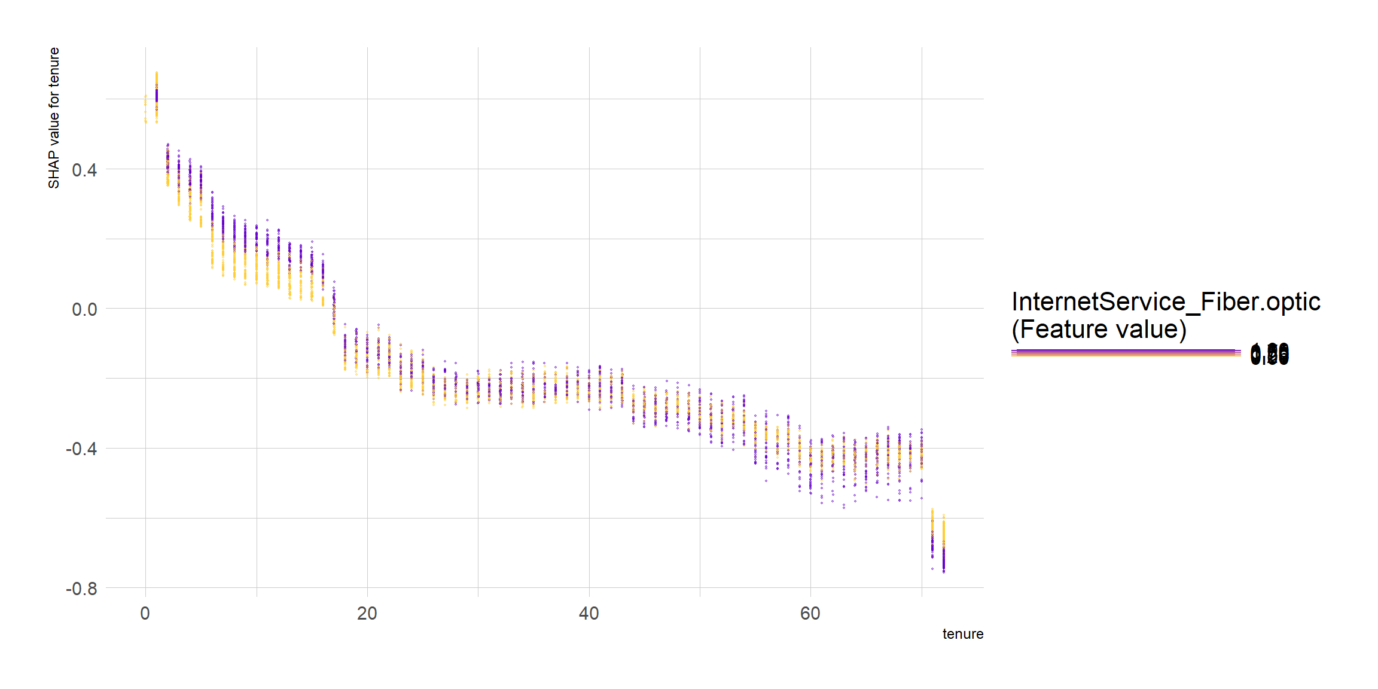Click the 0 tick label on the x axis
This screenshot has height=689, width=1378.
point(145,614)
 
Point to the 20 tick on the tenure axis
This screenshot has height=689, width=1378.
point(367,614)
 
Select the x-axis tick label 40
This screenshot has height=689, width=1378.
point(589,614)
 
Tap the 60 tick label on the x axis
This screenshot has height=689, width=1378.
point(810,614)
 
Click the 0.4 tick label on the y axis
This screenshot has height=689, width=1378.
point(84,170)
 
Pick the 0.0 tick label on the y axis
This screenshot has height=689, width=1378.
point(84,310)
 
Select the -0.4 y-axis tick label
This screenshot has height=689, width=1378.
point(81,449)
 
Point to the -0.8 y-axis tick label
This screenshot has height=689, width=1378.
point(81,589)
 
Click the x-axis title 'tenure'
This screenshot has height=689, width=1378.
point(962,634)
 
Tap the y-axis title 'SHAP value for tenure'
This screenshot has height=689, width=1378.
point(54,118)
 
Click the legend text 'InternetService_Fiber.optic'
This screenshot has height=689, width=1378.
point(1166,302)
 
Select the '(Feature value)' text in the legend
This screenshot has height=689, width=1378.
point(1099,330)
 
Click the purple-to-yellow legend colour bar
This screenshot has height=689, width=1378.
point(1126,353)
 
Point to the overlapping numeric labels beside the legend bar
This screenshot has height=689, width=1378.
point(1269,354)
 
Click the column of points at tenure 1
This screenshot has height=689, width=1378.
point(157,96)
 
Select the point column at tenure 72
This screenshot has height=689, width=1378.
point(944,544)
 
